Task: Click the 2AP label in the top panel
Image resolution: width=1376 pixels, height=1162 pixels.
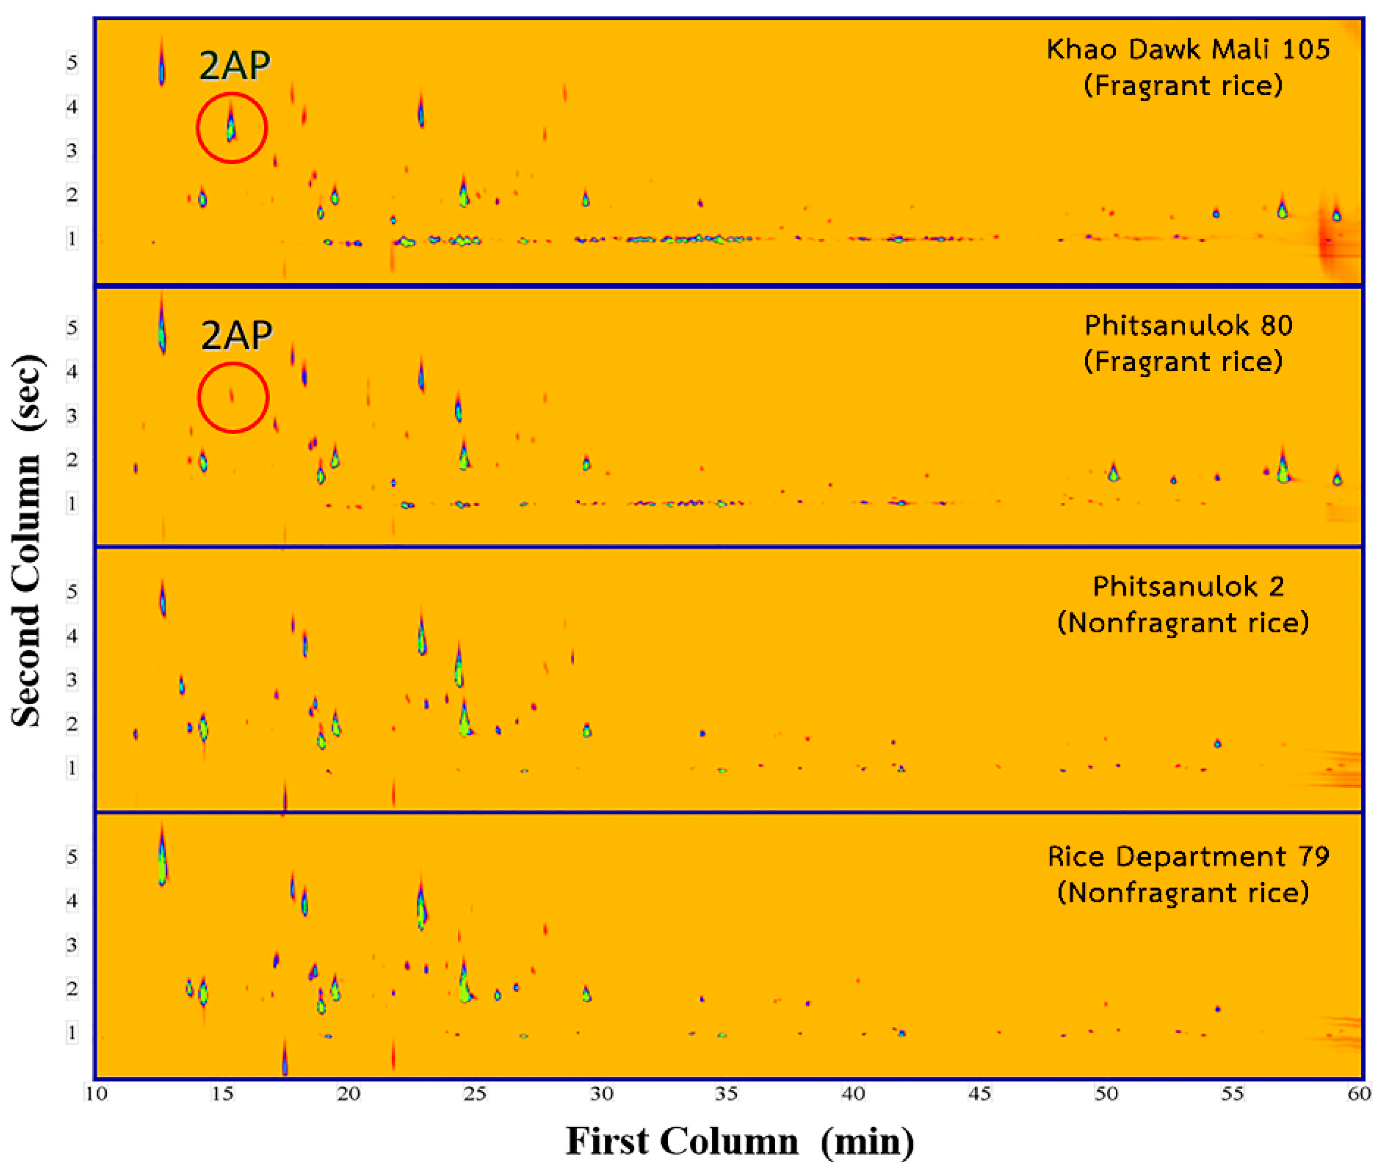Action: [x=234, y=65]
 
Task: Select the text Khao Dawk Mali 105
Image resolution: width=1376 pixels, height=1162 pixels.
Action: [x=1188, y=49]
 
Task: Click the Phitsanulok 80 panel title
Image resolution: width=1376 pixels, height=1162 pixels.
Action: [x=1188, y=325]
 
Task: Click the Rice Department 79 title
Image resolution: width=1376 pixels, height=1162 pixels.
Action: [x=1188, y=856]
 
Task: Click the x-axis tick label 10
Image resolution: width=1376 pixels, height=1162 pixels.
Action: [x=95, y=1094]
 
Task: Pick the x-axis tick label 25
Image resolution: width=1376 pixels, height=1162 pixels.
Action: [x=474, y=1094]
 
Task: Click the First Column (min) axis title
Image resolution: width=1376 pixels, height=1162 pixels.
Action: [x=739, y=1140]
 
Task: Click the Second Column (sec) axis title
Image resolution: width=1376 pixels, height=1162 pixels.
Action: [x=28, y=540]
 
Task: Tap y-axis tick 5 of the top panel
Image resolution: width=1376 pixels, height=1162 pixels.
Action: [x=72, y=63]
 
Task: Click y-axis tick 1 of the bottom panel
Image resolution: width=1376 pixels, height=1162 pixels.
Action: [x=72, y=1032]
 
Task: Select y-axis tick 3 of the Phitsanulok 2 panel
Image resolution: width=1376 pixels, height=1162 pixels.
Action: [x=72, y=679]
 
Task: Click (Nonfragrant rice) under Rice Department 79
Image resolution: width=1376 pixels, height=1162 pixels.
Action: [x=1183, y=893]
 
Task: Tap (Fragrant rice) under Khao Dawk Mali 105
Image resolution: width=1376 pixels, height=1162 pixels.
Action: [x=1183, y=86]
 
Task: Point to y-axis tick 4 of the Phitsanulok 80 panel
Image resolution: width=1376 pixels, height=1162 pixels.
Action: [x=72, y=372]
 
